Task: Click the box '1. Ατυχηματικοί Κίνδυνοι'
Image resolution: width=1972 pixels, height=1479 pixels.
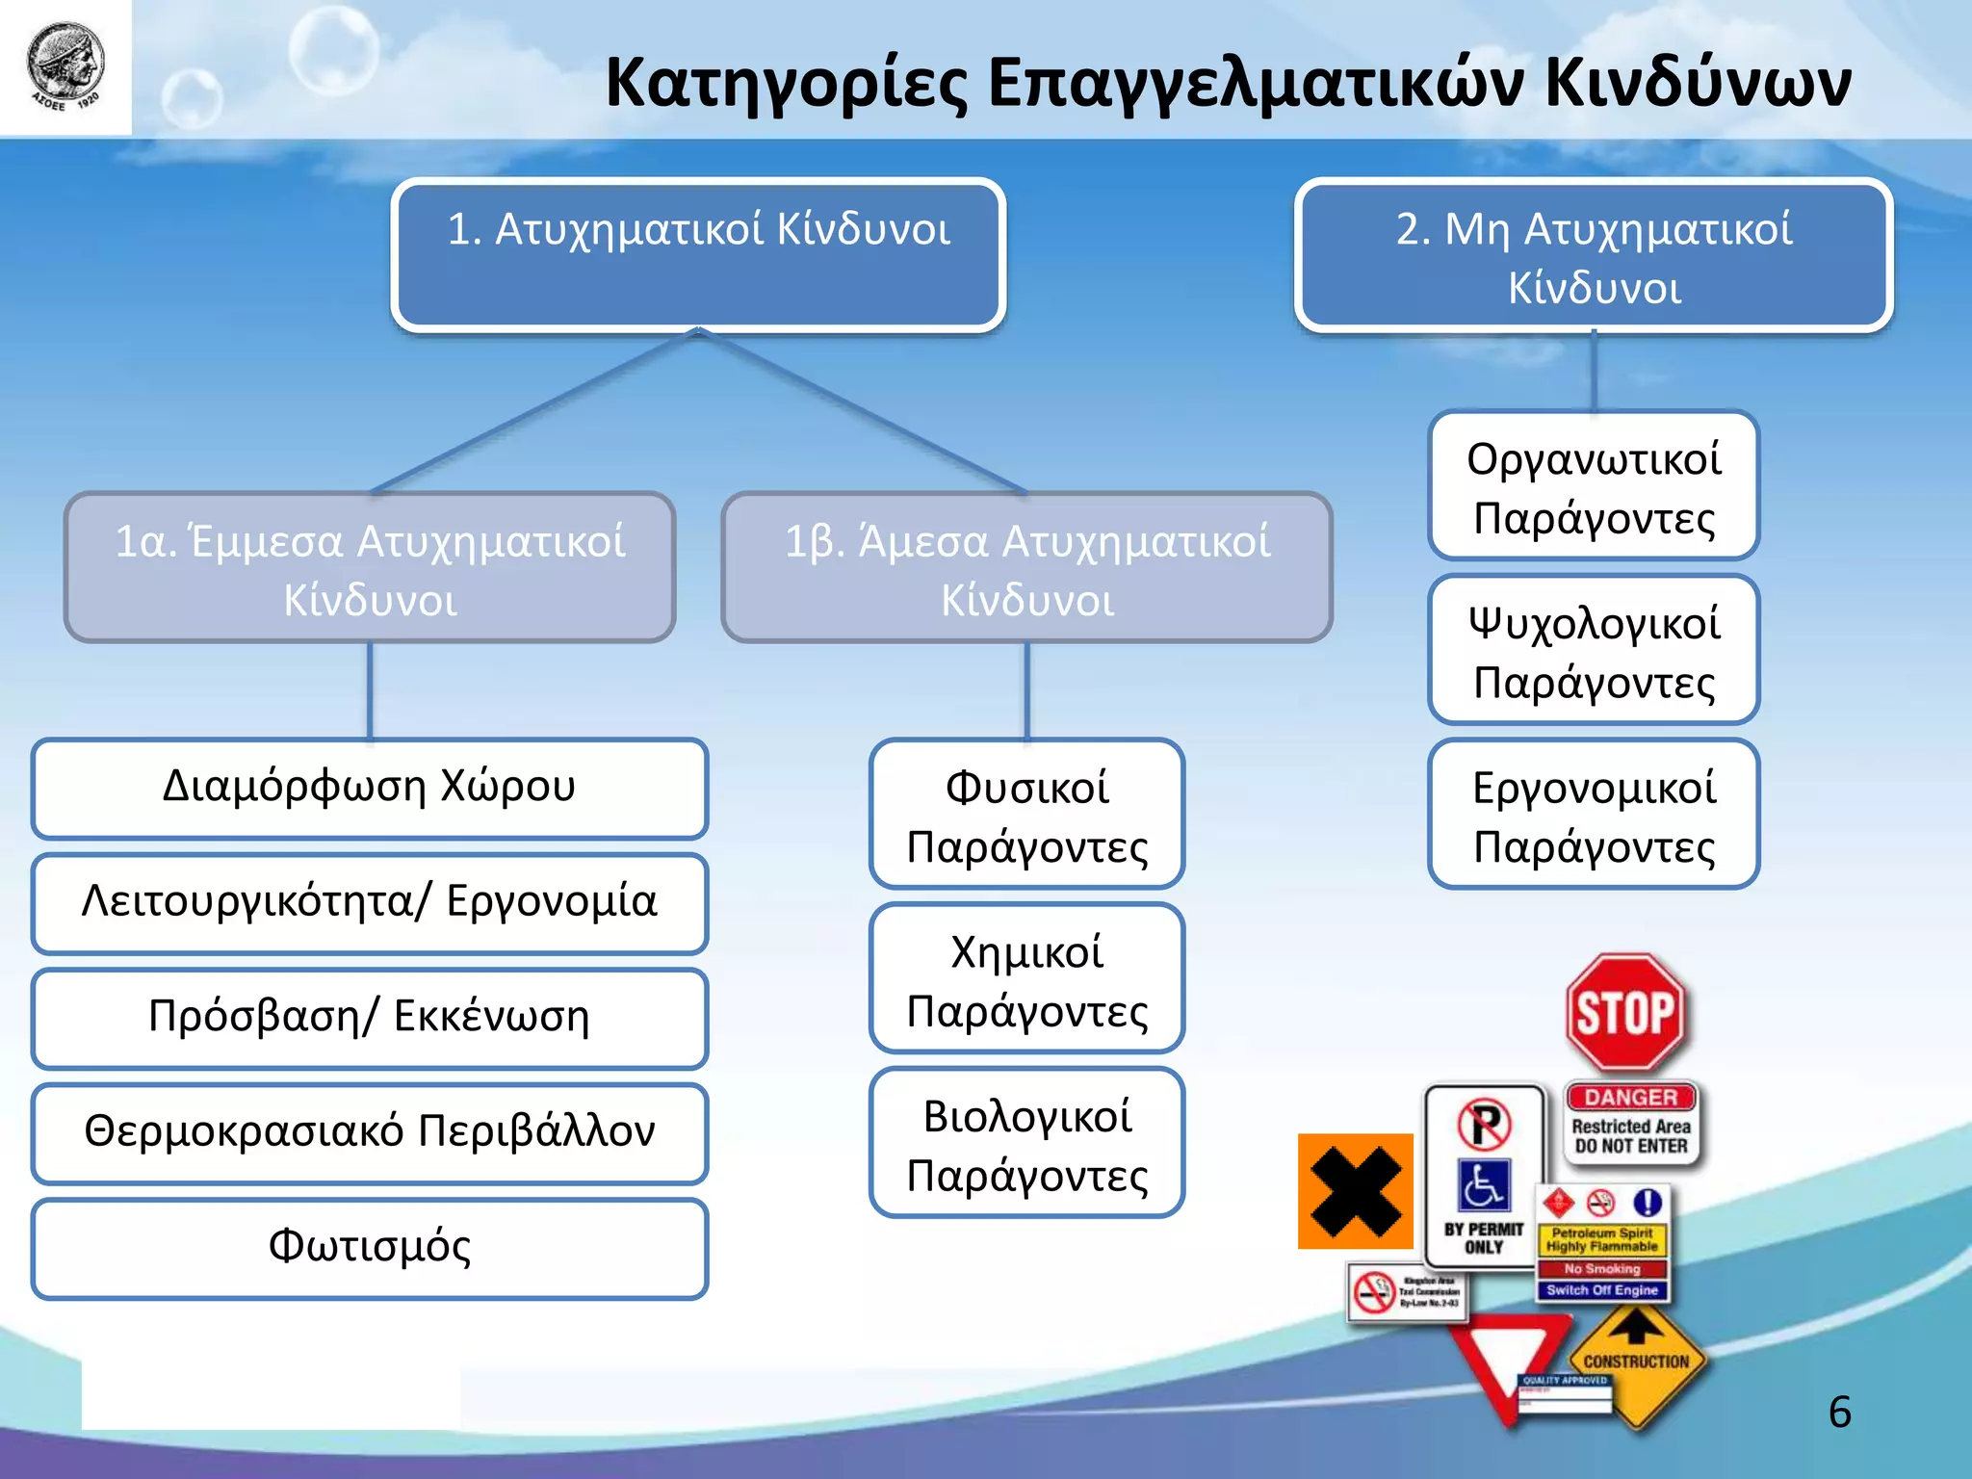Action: (698, 256)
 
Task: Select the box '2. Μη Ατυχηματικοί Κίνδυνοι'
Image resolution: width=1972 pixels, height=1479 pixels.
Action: (1594, 256)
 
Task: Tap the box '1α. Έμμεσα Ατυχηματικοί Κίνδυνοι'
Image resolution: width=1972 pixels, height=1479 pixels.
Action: (370, 568)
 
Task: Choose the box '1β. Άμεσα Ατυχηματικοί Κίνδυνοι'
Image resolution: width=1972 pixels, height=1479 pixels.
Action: (1026, 568)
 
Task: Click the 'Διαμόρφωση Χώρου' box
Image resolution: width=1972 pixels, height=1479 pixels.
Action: (370, 788)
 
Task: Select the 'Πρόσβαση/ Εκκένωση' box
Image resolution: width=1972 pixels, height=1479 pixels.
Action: (370, 1018)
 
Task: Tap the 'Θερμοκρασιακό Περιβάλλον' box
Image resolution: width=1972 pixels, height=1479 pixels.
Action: (370, 1132)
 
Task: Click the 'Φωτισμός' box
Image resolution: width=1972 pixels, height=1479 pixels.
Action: (370, 1248)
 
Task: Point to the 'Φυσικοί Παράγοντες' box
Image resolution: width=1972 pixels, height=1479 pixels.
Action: (1026, 815)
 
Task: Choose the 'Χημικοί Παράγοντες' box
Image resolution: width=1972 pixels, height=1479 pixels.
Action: (1026, 979)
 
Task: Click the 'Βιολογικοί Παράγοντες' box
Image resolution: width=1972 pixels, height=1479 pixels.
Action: (1026, 1143)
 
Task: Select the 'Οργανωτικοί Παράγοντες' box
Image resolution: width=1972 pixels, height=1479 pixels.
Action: (1594, 486)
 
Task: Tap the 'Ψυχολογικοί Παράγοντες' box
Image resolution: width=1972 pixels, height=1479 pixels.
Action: (1594, 650)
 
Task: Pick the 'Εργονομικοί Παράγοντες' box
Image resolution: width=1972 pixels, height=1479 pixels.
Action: (1594, 815)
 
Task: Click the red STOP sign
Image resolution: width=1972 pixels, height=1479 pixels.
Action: (1625, 1013)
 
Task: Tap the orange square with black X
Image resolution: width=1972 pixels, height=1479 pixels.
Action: (1355, 1191)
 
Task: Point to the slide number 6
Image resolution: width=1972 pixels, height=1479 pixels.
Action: (1839, 1413)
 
